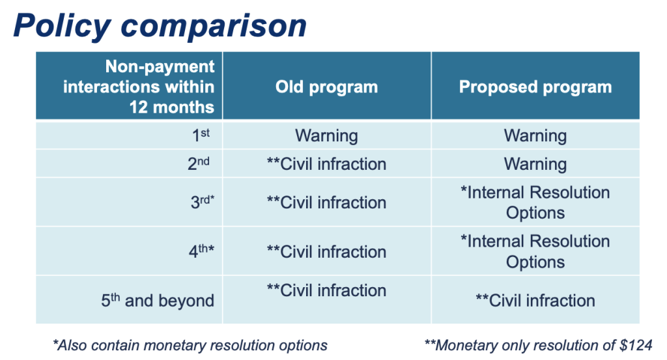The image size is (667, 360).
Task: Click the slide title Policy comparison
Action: coord(160,26)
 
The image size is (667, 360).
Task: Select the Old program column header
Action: coord(327,87)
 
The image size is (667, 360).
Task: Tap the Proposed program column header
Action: coord(535,87)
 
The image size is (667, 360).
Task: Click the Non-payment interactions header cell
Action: coord(139,87)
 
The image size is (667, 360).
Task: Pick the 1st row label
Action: coord(201,135)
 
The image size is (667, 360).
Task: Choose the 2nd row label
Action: coord(199,163)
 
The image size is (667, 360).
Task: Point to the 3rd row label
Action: coord(203,202)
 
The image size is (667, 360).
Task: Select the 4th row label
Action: coord(202,251)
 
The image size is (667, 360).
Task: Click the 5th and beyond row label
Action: coord(158,301)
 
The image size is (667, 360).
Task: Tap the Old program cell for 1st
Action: coord(327,136)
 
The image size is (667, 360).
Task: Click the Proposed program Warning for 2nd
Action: coord(535,164)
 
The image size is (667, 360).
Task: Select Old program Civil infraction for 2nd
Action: coord(327,164)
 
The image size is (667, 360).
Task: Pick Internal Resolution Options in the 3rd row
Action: coord(535,202)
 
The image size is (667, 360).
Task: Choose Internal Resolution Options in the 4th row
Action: coord(535,252)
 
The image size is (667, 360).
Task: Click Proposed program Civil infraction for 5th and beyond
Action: coord(535,301)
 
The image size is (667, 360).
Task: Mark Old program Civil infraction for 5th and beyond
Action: coord(327,290)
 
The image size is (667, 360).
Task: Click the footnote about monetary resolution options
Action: coord(190,345)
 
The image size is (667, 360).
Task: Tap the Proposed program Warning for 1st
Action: coord(535,136)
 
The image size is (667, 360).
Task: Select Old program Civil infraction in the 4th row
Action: coord(327,252)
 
